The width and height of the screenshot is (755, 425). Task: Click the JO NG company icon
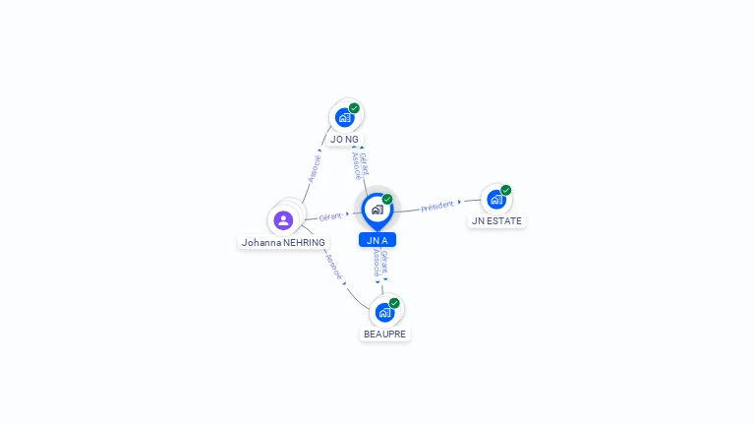click(x=344, y=117)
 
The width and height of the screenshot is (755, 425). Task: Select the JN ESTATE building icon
click(x=496, y=199)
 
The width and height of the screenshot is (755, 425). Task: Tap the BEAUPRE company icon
click(x=384, y=312)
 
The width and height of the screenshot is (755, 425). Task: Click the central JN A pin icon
click(x=377, y=210)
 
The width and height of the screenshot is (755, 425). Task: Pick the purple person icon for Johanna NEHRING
click(x=283, y=219)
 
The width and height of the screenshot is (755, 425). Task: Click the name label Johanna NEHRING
click(x=283, y=242)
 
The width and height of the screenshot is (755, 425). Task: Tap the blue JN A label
click(x=377, y=240)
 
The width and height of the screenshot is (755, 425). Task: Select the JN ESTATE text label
click(x=496, y=221)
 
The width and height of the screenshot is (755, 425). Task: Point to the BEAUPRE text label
click(x=384, y=334)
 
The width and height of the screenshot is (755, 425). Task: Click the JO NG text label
click(x=344, y=140)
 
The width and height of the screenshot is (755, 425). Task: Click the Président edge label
click(x=437, y=206)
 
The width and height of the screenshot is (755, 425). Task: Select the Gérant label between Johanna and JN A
click(x=330, y=215)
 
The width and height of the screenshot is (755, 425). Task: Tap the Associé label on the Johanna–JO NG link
click(x=315, y=168)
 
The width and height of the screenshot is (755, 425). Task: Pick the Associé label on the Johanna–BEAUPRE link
click(x=334, y=267)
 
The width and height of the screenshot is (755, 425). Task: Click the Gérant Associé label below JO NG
click(x=360, y=164)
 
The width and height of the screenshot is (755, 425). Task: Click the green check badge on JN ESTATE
click(x=505, y=190)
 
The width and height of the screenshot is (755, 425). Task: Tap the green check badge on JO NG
click(x=354, y=108)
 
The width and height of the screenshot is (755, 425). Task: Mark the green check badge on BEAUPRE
click(x=394, y=303)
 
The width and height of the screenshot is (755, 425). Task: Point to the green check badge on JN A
click(x=387, y=200)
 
